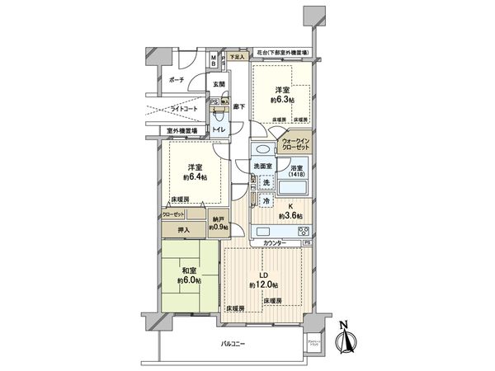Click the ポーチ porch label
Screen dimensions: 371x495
point(176,80)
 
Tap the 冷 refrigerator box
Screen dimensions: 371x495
point(266,201)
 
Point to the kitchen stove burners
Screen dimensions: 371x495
point(303,230)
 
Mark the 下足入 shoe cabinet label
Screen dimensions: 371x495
point(238,58)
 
